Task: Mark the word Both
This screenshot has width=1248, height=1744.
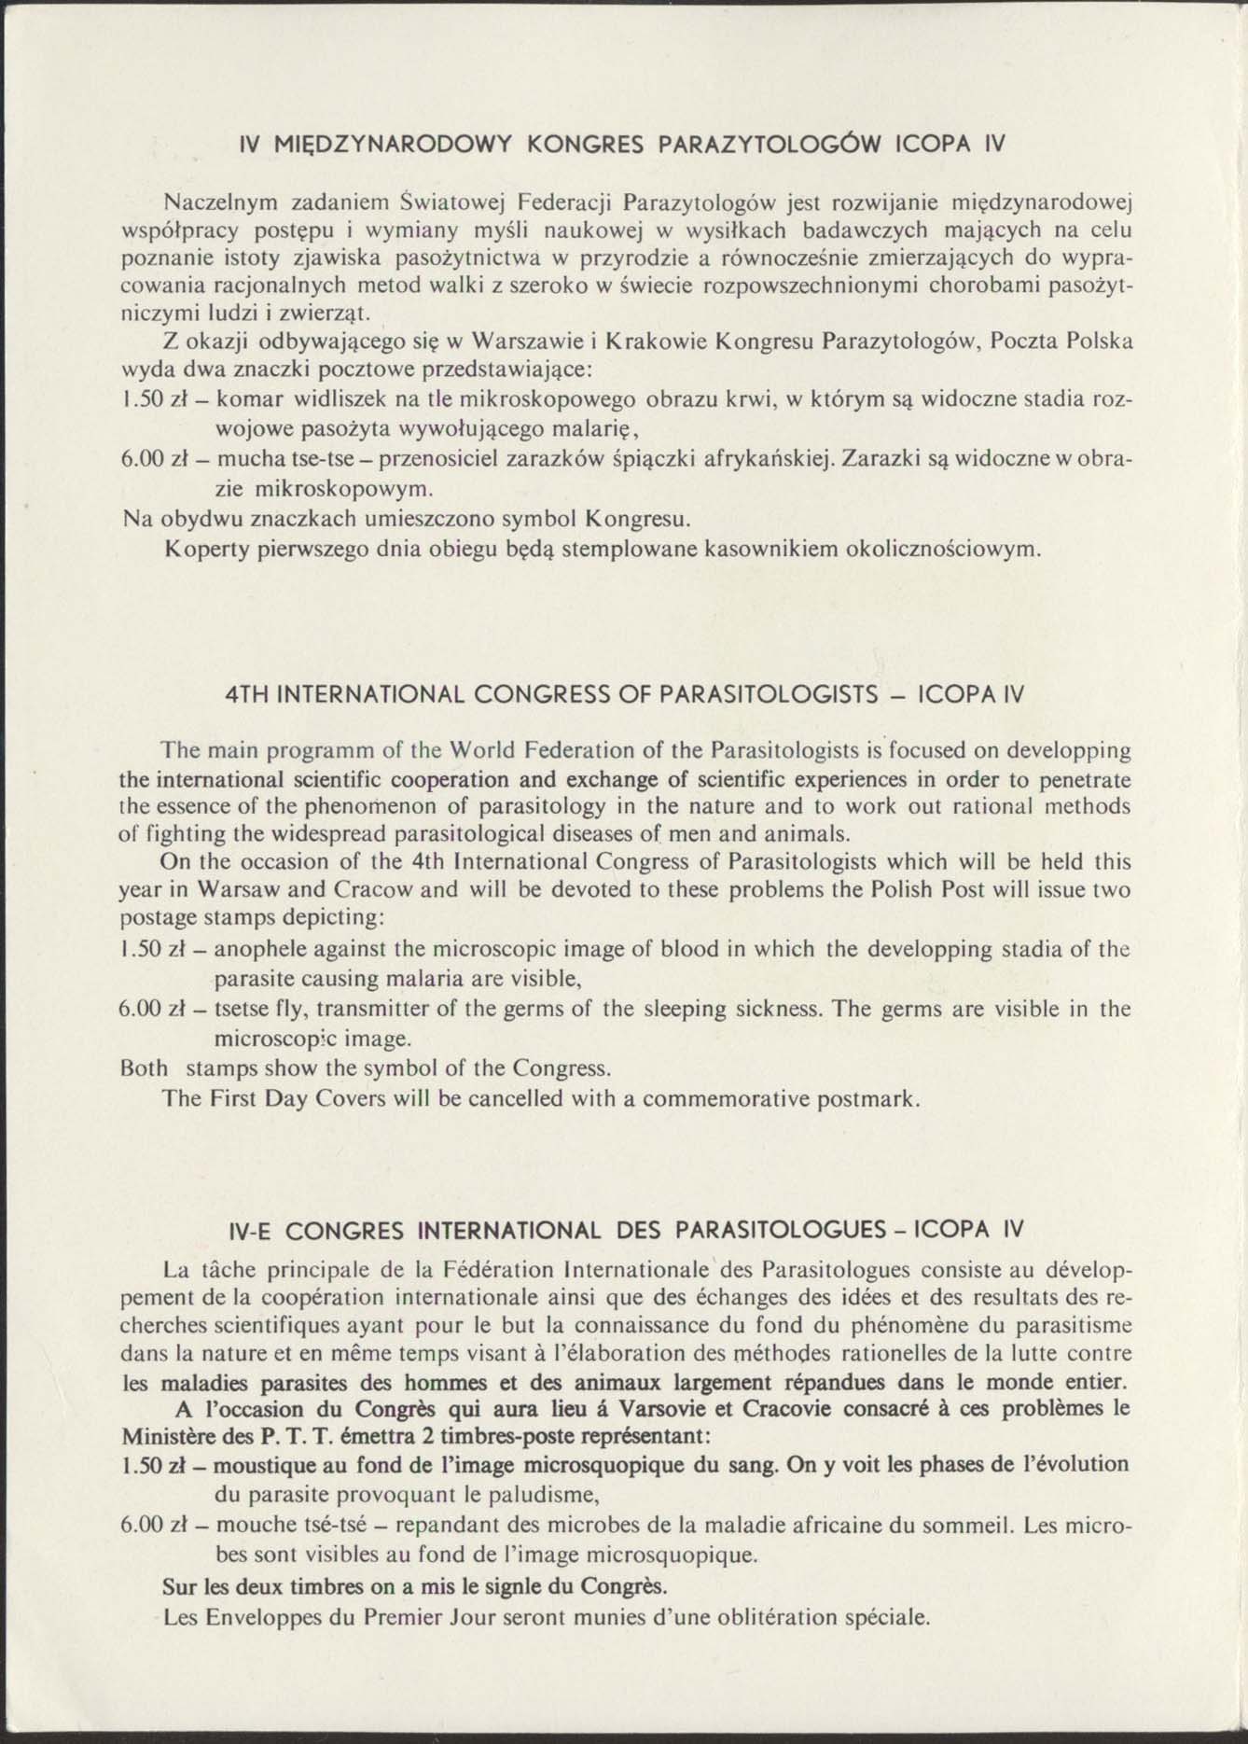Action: coord(145,1067)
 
